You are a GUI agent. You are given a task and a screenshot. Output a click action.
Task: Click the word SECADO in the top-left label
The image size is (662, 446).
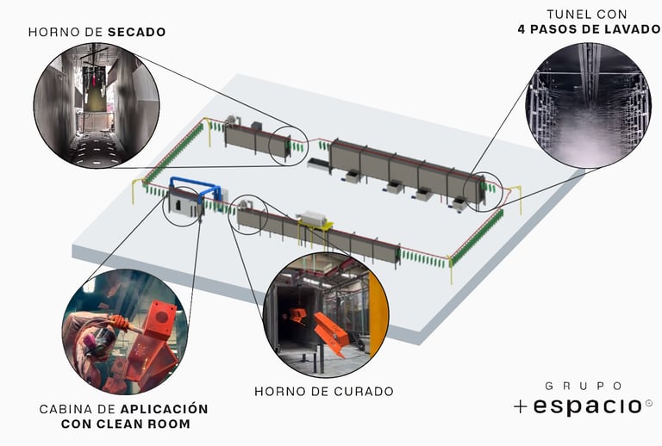coord(137,33)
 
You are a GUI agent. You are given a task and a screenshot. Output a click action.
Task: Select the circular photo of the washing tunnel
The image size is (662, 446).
coord(588,104)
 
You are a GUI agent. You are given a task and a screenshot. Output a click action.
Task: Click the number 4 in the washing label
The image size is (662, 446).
coord(522,28)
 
